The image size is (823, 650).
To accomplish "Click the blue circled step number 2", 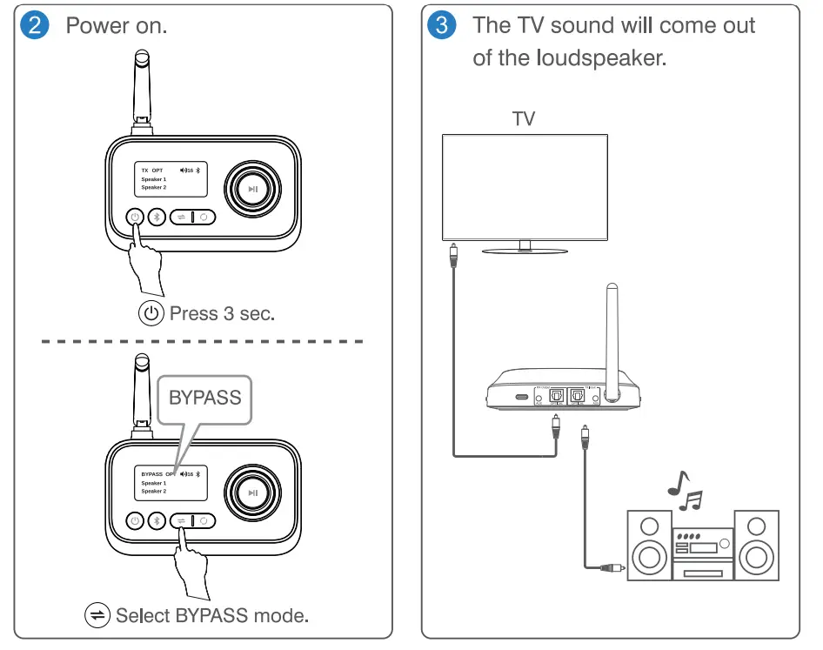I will tap(36, 24).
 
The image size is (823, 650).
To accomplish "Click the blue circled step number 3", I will tap(442, 24).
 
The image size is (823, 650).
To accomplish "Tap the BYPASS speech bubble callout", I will tap(204, 399).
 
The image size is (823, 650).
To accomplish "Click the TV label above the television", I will tap(523, 119).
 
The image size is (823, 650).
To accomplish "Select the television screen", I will tap(524, 185).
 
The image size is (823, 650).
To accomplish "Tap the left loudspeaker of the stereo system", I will tap(649, 545).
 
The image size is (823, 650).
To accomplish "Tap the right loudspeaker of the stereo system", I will tap(756, 545).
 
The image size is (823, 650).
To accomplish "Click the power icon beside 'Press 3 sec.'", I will tap(151, 313).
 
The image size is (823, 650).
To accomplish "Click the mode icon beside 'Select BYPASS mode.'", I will tap(97, 615).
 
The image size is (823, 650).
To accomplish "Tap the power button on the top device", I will tap(135, 217).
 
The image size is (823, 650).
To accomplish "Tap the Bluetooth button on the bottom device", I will tap(157, 520).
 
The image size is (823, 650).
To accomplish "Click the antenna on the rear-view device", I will tap(613, 339).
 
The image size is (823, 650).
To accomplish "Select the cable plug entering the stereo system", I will tap(610, 568).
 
